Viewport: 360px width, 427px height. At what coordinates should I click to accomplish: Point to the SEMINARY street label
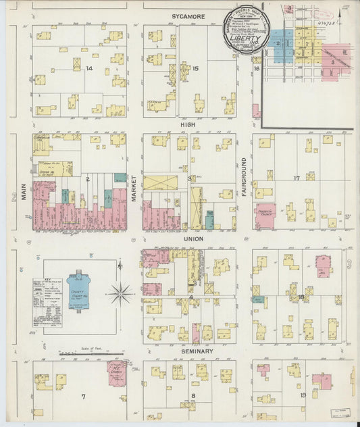[197, 351]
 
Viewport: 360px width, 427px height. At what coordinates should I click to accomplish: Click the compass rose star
[121, 293]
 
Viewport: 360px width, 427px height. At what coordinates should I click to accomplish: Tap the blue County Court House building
[82, 292]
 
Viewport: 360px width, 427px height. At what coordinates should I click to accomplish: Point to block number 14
[88, 68]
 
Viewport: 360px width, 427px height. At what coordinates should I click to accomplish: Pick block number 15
[195, 68]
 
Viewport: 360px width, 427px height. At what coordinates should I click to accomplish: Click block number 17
[296, 178]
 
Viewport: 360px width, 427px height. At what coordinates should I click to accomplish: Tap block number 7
[84, 396]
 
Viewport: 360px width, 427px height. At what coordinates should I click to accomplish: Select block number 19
[303, 395]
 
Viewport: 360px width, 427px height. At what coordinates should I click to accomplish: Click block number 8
[193, 396]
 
